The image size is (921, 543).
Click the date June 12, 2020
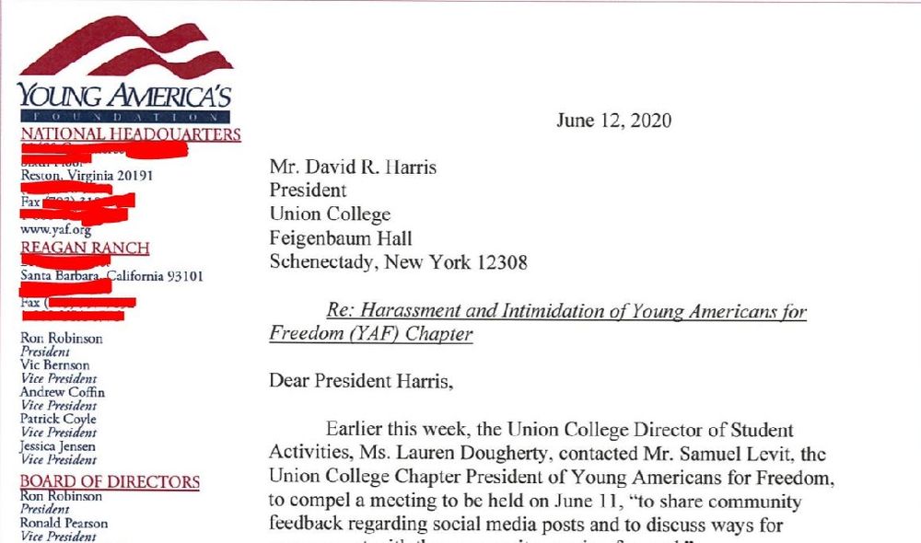pyautogui.click(x=613, y=121)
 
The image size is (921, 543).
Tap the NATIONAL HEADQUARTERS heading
pyautogui.click(x=130, y=134)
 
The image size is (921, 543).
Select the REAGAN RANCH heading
pyautogui.click(x=85, y=248)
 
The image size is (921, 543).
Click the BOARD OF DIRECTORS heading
pyautogui.click(x=110, y=481)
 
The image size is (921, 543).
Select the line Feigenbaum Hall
pyautogui.click(x=339, y=238)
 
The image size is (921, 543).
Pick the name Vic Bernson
pyautogui.click(x=55, y=365)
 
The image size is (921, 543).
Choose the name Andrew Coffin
pyautogui.click(x=63, y=392)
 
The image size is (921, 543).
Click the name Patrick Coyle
pyautogui.click(x=58, y=419)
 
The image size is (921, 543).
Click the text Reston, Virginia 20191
pyautogui.click(x=87, y=176)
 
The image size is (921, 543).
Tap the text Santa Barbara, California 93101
pyautogui.click(x=111, y=276)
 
